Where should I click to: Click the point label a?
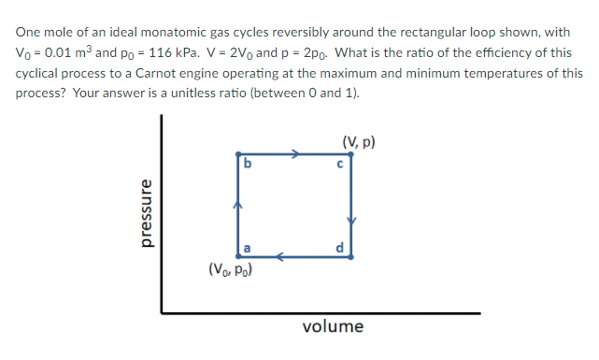click(x=247, y=247)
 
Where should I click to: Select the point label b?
click(x=247, y=165)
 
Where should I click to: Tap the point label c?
click(x=342, y=165)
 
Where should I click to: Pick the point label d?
click(x=341, y=247)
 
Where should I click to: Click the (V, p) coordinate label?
click(x=360, y=143)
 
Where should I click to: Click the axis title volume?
click(x=334, y=326)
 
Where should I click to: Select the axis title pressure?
click(x=145, y=213)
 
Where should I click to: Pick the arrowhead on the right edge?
click(x=351, y=220)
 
